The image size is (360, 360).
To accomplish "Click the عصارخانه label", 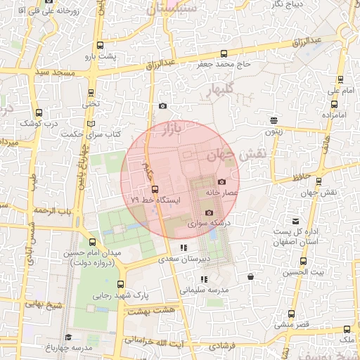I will coord(223,192).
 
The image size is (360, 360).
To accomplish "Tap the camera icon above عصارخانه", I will coord(222,181).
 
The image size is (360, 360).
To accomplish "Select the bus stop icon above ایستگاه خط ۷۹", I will coord(155,189).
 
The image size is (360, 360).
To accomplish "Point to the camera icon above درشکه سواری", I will coord(208,213).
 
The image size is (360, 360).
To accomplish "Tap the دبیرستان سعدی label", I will coord(181,259).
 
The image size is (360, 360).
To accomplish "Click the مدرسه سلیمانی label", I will coord(203,289).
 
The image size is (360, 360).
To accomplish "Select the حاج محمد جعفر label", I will coord(224,64).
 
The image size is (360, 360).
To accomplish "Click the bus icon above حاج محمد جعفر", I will coord(224,53).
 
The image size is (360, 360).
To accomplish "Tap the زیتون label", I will coord(273,131).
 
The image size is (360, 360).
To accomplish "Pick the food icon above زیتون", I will coord(273,120).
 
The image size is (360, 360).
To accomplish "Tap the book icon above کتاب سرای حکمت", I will coord(90,124).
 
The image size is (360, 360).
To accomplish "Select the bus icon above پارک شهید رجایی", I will coord(121,285).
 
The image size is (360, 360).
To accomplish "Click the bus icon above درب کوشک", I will coord(38,112).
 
